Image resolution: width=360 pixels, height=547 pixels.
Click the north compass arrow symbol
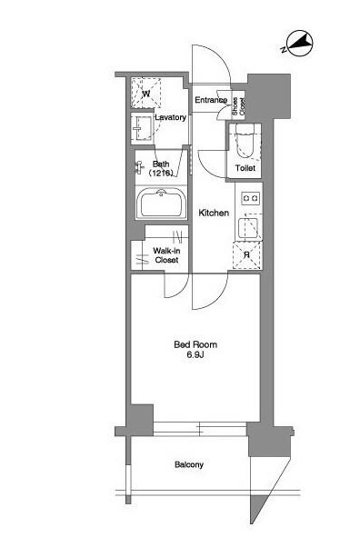(298, 44)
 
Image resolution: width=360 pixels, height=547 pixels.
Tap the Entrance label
(211, 100)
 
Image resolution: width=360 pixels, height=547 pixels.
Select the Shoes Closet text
(238, 106)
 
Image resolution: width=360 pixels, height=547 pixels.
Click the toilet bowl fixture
(244, 140)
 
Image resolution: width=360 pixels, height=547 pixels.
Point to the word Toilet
(245, 168)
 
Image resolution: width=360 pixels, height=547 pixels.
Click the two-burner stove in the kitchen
(251, 198)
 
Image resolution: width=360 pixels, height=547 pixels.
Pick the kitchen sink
(248, 228)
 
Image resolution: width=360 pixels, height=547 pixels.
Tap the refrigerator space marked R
(247, 255)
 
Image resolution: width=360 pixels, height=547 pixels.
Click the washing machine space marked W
(146, 94)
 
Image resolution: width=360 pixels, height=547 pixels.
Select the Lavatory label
(170, 117)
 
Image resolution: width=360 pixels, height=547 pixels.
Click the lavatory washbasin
(143, 128)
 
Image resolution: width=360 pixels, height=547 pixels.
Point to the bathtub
(161, 203)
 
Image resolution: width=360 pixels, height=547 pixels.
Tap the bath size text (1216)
(161, 173)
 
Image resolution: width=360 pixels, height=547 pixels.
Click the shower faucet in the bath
(139, 167)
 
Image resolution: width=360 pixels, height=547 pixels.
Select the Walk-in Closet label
(166, 255)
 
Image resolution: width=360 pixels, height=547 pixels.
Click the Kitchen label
(214, 213)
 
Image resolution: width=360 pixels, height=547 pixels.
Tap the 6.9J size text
(195, 355)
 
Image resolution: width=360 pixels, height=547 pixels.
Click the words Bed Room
(195, 344)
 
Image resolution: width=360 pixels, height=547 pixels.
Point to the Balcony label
(189, 464)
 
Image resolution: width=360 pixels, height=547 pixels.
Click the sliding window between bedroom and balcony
(200, 429)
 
